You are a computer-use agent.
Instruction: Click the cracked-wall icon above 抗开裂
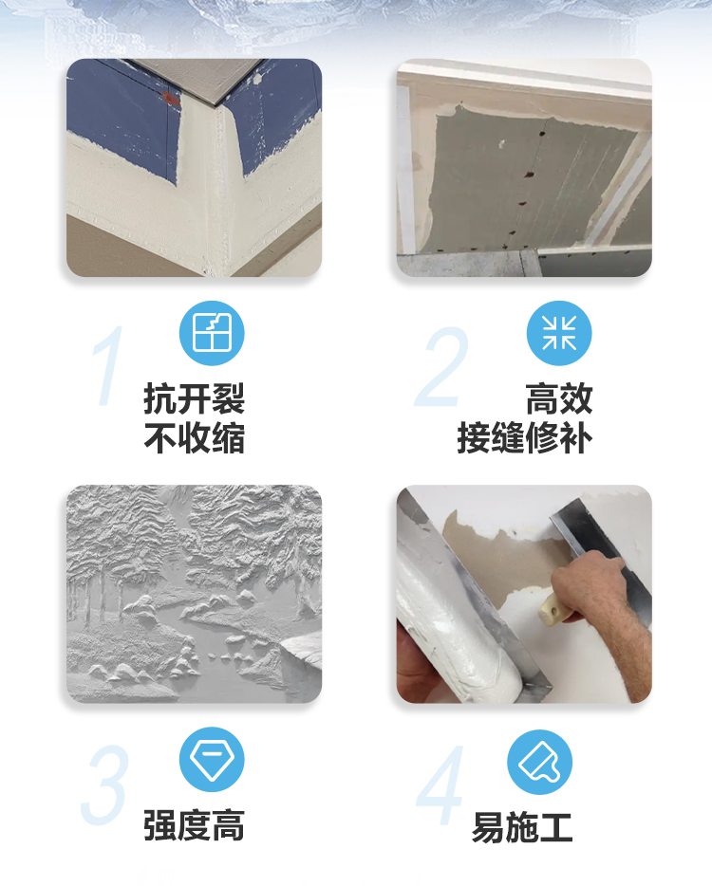pos(212,333)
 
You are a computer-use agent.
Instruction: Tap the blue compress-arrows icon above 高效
pos(559,333)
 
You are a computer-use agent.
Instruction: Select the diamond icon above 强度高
pos(212,759)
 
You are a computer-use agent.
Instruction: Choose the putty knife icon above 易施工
pos(539,762)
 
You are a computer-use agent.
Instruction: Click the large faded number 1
pos(108,365)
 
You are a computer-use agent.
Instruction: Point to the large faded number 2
pos(442,366)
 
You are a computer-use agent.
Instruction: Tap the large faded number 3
pos(105,784)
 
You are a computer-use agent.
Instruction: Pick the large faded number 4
pos(441,785)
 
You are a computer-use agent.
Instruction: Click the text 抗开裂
pos(194,399)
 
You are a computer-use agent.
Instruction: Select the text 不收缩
pos(194,438)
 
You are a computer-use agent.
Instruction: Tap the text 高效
pos(559,399)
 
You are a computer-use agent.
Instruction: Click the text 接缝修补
pos(525,438)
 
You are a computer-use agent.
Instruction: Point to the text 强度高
pos(194,825)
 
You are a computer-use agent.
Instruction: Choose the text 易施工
pos(522,828)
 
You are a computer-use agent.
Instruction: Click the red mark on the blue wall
pos(171,100)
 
